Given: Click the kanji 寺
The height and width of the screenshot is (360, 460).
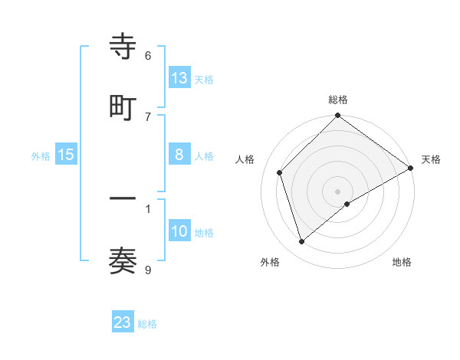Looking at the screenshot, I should pyautogui.click(x=123, y=47).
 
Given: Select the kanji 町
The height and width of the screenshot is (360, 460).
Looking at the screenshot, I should pyautogui.click(x=123, y=108).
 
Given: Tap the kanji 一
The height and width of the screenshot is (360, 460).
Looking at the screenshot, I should pyautogui.click(x=123, y=199).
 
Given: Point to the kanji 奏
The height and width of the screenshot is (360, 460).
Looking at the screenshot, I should pyautogui.click(x=123, y=262).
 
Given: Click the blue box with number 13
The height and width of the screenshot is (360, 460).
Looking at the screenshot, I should pyautogui.click(x=179, y=78).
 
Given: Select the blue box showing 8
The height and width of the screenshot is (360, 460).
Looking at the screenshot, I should pyautogui.click(x=179, y=155).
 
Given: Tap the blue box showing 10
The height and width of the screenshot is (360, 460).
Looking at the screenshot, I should pyautogui.click(x=179, y=231).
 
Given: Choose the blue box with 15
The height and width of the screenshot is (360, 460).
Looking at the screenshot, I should pyautogui.click(x=66, y=155).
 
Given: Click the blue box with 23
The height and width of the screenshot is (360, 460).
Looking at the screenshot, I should pyautogui.click(x=123, y=322).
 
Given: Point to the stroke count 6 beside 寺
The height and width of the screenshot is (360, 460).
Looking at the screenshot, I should pyautogui.click(x=148, y=56).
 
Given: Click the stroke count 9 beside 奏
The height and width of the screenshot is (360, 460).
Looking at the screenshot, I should pyautogui.click(x=148, y=270).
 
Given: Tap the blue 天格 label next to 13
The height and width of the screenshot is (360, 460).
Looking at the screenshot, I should pyautogui.click(x=204, y=79).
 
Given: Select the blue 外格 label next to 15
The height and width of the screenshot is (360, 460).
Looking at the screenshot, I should pyautogui.click(x=41, y=155).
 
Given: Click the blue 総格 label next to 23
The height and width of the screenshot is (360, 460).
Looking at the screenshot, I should pyautogui.click(x=147, y=323).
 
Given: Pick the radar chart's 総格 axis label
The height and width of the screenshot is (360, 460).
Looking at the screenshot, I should pyautogui.click(x=338, y=100).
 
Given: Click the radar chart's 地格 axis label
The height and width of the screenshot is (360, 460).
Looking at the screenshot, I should pyautogui.click(x=402, y=262).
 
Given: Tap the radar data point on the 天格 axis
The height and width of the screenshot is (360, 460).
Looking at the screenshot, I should pyautogui.click(x=410, y=169).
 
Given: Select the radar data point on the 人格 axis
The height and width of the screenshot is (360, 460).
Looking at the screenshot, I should pyautogui.click(x=280, y=172).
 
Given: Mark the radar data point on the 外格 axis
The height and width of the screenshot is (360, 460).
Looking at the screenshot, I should pyautogui.click(x=302, y=241).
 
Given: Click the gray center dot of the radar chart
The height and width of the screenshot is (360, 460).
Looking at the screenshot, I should pyautogui.click(x=338, y=191).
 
